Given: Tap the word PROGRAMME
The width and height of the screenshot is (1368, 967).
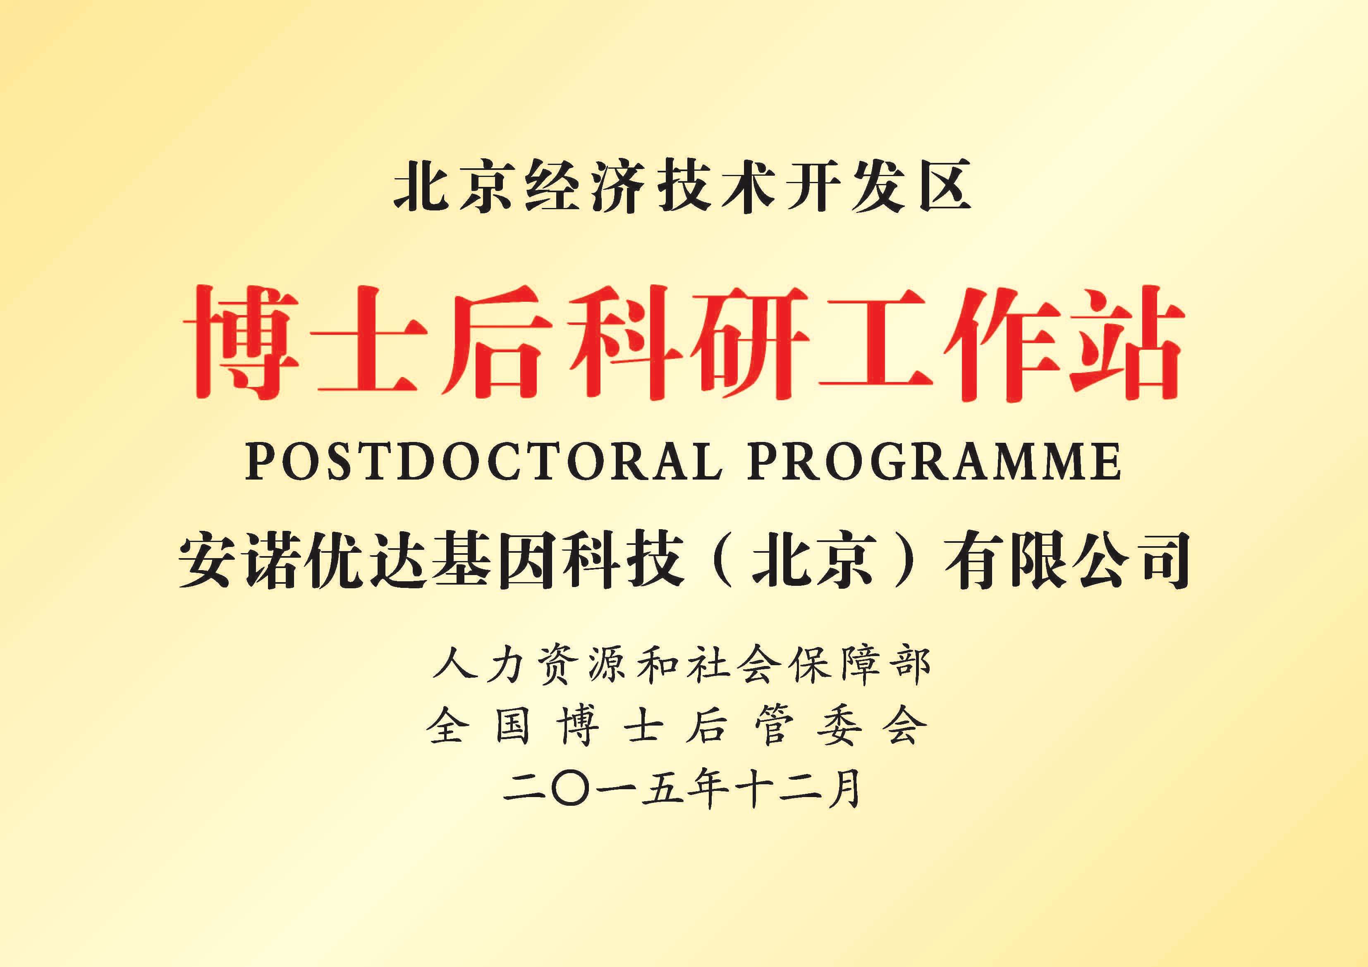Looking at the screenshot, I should point(934,462).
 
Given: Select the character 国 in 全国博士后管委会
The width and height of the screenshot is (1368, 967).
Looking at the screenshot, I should point(513,728).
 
